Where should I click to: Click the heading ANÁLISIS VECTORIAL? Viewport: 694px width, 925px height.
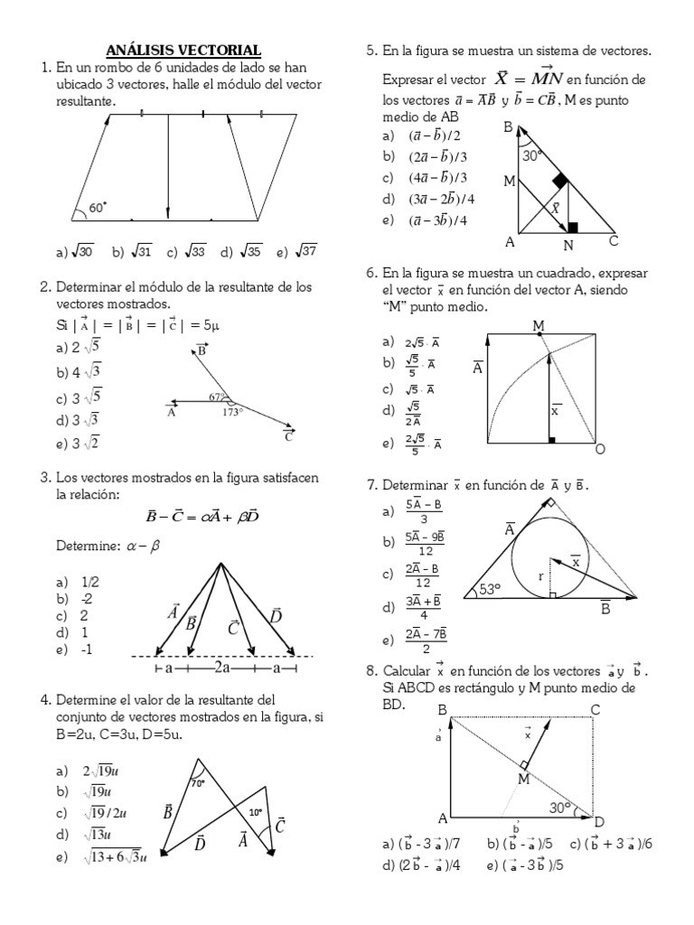[183, 50]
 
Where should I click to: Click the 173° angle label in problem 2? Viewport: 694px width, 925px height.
[233, 412]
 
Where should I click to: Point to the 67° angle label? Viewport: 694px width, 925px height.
[217, 397]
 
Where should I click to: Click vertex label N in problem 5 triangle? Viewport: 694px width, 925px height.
[568, 245]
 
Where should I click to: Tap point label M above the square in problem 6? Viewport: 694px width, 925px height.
[539, 325]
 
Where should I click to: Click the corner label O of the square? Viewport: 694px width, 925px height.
[599, 449]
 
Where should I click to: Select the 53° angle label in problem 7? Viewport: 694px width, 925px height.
[489, 590]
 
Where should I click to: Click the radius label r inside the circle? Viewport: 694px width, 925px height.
[539, 575]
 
